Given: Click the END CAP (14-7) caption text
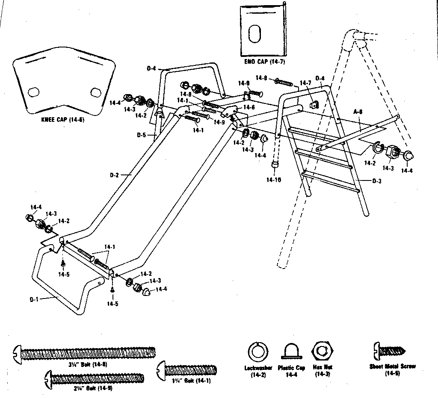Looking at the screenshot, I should point(264,62).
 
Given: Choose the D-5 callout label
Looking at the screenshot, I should point(142,135).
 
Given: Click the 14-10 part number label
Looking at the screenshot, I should point(273,180).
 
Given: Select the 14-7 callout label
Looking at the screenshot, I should point(305,83).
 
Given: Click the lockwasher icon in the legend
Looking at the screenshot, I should point(258,352).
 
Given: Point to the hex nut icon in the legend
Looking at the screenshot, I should point(322,352).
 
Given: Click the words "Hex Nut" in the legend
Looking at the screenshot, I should point(323,367).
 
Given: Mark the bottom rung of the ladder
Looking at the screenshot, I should point(330,180).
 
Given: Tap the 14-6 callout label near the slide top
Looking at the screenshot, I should point(249,107).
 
